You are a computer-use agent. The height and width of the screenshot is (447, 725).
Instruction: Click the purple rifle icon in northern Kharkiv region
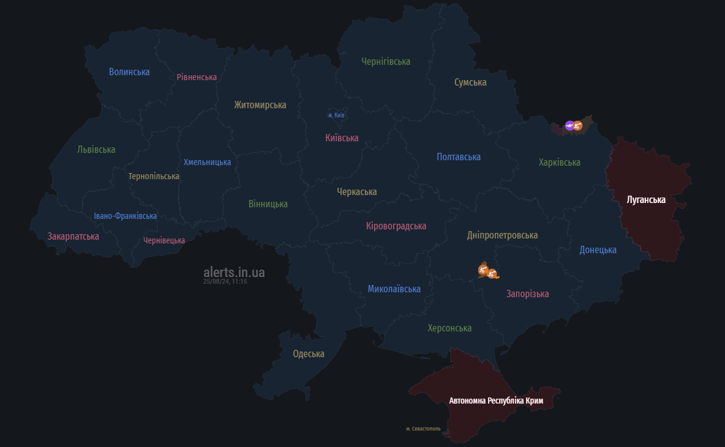pyautogui.click(x=569, y=126)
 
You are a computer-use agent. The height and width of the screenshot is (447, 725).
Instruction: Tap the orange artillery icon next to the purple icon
pyautogui.click(x=577, y=126)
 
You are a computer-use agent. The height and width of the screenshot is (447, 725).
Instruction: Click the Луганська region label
pyautogui.click(x=646, y=200)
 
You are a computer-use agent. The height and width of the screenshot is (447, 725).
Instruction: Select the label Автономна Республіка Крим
pyautogui.click(x=496, y=401)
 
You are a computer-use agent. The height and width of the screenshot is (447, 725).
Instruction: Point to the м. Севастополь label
pyautogui.click(x=423, y=429)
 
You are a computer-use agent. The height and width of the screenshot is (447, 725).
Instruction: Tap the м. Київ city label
pyautogui.click(x=337, y=115)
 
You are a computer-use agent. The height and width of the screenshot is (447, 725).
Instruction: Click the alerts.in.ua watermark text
pyautogui.click(x=234, y=272)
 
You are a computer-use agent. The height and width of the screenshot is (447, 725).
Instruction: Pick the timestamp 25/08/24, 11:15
pyautogui.click(x=225, y=282)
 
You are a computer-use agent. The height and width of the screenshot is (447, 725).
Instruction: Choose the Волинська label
pyautogui.click(x=129, y=72)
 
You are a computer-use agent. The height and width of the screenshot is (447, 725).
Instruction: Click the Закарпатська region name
pyautogui.click(x=73, y=236)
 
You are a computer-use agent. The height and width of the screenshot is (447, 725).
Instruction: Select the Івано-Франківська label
pyautogui.click(x=125, y=216)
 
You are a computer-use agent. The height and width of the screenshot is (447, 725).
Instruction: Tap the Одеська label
pyautogui.click(x=309, y=354)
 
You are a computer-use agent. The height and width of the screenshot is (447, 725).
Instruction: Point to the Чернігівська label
pyautogui.click(x=386, y=61)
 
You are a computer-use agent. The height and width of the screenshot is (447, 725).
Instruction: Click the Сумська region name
pyautogui.click(x=470, y=82)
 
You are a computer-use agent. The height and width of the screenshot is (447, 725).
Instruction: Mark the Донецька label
pyautogui.click(x=598, y=249)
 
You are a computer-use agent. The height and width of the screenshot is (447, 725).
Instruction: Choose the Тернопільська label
pyautogui.click(x=154, y=176)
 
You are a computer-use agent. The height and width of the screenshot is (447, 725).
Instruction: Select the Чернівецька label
pyautogui.click(x=164, y=240)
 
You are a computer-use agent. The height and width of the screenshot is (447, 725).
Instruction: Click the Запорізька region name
pyautogui.click(x=527, y=294)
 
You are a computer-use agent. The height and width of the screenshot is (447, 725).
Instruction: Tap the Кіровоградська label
pyautogui.click(x=396, y=226)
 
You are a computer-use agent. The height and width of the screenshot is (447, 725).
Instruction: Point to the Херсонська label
pyautogui.click(x=449, y=328)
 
